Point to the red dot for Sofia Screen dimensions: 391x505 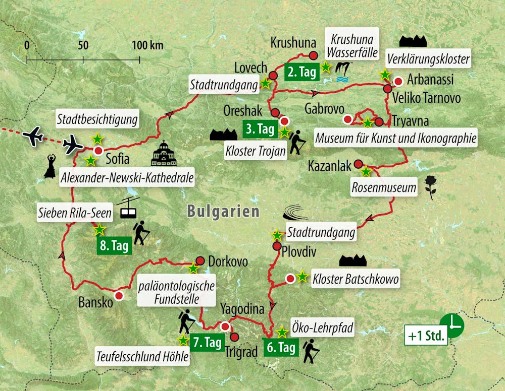pos(98,151)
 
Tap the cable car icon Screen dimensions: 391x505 pos(127,207)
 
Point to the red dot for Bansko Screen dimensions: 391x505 pos(119,296)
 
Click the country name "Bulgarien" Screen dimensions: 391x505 pos(223,211)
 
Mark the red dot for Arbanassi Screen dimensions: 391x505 pos(398,81)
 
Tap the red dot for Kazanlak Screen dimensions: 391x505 pos(358,164)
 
